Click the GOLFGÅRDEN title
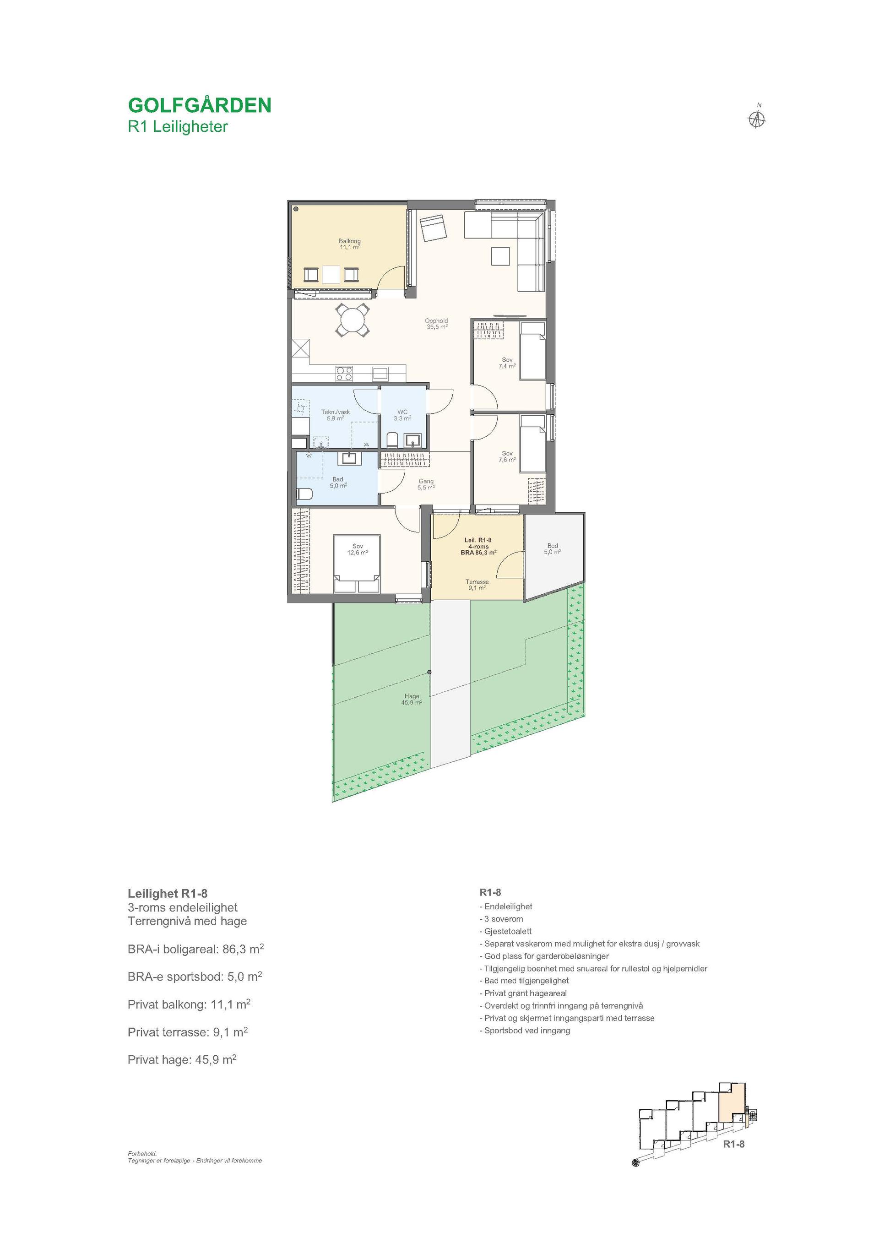[199, 104]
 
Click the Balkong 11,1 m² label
[350, 244]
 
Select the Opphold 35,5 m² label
[436, 324]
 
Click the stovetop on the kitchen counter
[344, 374]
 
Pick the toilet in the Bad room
[304, 494]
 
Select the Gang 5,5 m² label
[426, 484]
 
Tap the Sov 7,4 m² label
[507, 363]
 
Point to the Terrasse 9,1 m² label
[477, 585]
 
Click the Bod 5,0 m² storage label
[552, 549]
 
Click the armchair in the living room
[433, 228]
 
